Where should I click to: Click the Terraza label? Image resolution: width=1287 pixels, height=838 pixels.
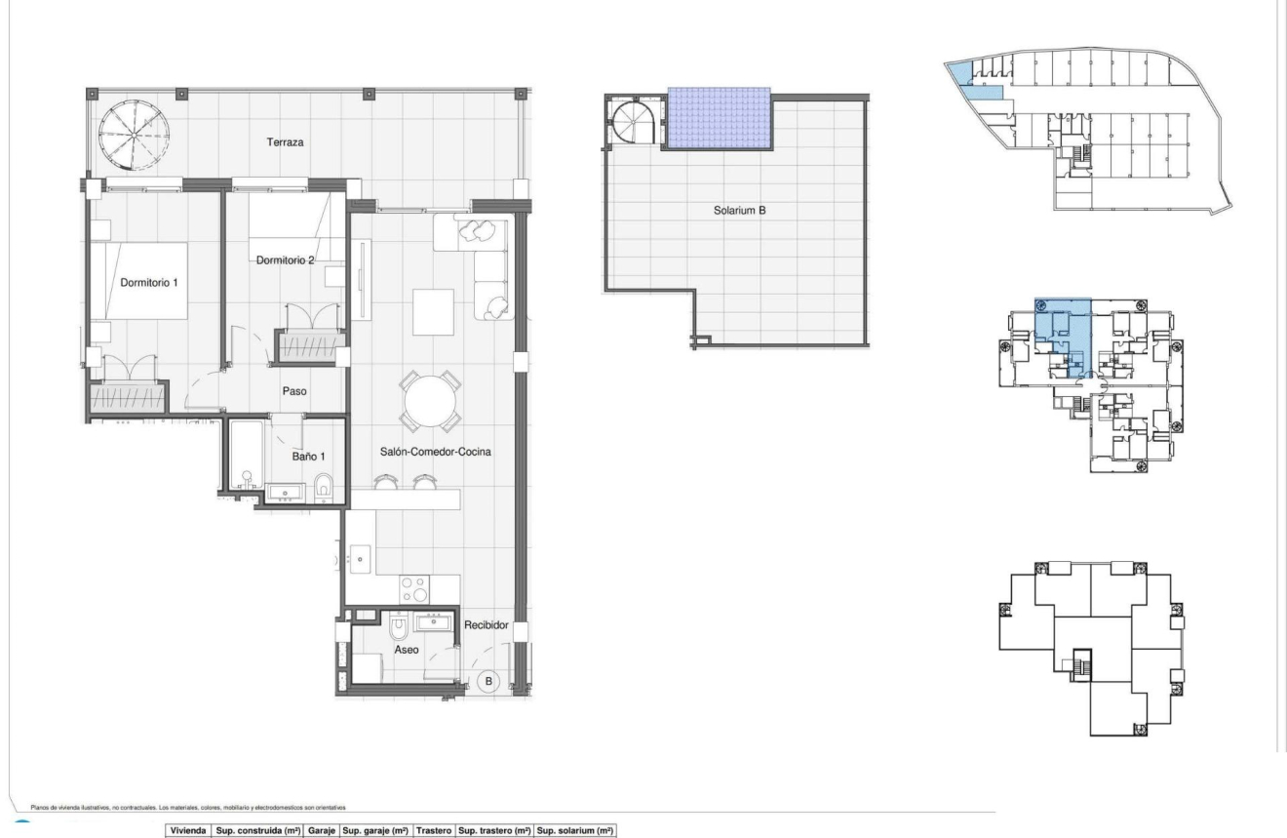point(287,142)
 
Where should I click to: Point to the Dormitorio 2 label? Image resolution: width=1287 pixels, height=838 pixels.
point(286,260)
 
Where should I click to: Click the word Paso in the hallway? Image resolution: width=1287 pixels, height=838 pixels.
point(295,391)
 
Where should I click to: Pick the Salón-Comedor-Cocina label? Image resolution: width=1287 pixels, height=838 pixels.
point(435,453)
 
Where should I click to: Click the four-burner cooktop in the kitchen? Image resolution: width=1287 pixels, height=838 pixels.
point(413,588)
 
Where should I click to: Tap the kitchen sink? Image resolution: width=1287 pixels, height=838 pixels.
point(362,560)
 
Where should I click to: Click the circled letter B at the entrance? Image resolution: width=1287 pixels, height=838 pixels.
point(490,679)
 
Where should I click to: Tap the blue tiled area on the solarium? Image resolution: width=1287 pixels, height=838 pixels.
point(720,118)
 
